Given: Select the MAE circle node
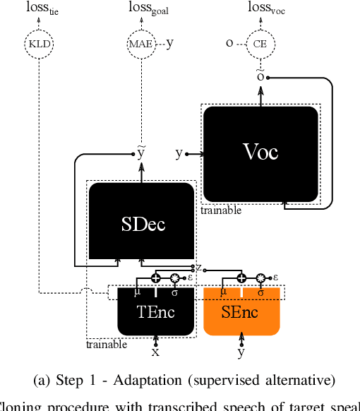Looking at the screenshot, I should (140, 44).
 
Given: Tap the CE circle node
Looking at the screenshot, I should (260, 44).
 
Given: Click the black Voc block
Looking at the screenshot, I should (260, 153).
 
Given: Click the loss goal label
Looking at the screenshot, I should (140, 9).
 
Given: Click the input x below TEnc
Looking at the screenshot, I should (156, 351).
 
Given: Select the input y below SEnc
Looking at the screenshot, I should (241, 352).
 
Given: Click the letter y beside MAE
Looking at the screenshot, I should (169, 43).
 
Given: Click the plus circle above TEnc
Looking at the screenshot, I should (156, 278).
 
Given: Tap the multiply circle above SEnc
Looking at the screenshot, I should (260, 278).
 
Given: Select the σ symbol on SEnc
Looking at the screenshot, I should (260, 291).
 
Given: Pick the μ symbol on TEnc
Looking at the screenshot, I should (138, 291).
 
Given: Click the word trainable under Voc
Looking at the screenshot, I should (221, 210).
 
